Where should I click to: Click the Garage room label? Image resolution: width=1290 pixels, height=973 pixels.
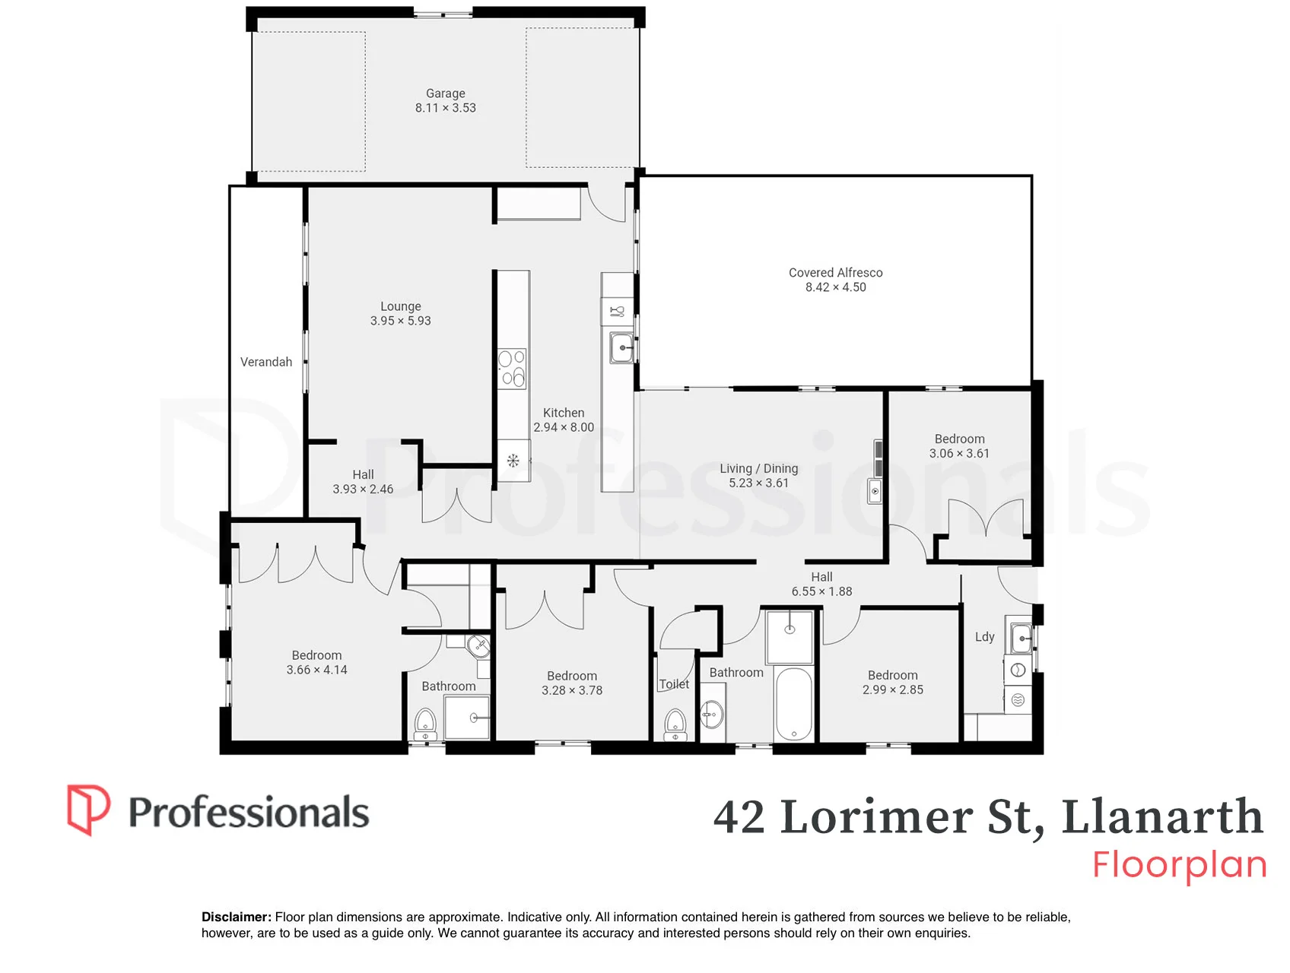click(446, 93)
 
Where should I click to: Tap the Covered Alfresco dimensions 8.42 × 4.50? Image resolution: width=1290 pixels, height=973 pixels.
click(836, 287)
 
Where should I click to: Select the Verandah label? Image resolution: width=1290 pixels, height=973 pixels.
click(266, 362)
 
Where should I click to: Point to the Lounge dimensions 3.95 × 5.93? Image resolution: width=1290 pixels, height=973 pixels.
click(401, 321)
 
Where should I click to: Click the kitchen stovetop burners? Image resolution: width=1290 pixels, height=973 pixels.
click(512, 369)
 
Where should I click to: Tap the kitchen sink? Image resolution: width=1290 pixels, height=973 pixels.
click(622, 348)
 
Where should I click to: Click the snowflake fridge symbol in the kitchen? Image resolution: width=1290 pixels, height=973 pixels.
click(513, 460)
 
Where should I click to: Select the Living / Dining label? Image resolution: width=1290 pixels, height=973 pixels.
click(759, 468)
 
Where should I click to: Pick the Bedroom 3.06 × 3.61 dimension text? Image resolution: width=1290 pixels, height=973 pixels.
click(960, 454)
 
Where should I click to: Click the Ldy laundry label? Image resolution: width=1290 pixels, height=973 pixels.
click(985, 637)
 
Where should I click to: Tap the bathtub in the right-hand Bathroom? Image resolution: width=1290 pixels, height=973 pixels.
click(794, 704)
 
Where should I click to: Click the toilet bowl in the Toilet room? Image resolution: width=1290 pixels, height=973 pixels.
click(675, 725)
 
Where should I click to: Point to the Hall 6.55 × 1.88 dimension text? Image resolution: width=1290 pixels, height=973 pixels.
click(821, 591)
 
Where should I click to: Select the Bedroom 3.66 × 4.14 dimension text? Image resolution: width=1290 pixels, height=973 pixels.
click(317, 670)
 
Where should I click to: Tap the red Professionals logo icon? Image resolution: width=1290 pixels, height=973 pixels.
click(88, 810)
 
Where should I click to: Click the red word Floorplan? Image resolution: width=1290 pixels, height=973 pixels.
click(1180, 866)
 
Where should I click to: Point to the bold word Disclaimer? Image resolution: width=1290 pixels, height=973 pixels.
click(237, 917)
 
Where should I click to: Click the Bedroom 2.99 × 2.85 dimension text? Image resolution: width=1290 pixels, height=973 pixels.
click(893, 690)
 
